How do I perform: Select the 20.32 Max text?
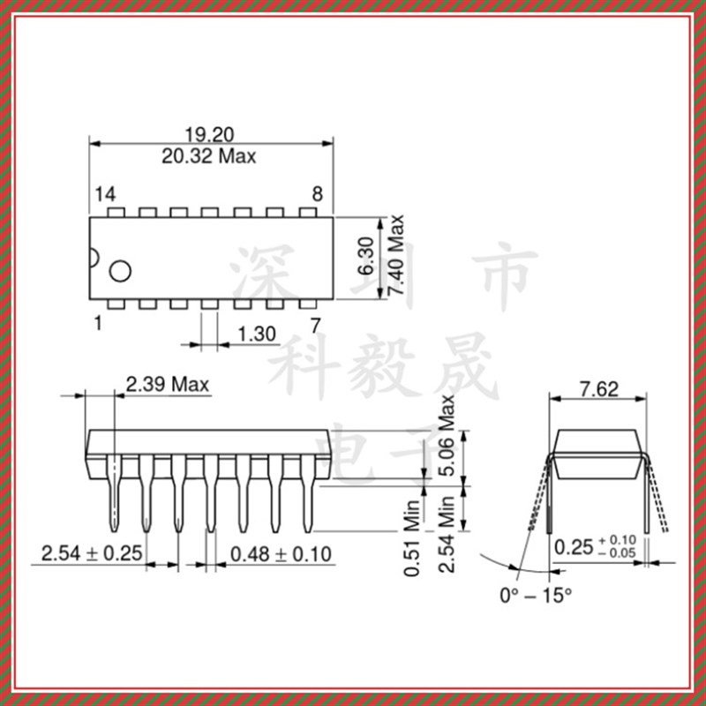[x=209, y=157]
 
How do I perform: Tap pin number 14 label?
[x=105, y=194]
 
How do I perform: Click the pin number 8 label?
[x=317, y=194]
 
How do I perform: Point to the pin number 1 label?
[x=98, y=324]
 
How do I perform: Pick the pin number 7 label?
[x=315, y=324]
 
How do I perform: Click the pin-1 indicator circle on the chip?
[x=118, y=271]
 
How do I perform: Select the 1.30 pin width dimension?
[x=257, y=334]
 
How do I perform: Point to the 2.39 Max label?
[x=167, y=385]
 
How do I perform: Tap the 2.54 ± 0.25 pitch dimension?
[x=93, y=554]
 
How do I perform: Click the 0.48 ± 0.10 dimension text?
[x=281, y=554]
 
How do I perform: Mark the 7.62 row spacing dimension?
[x=598, y=387]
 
